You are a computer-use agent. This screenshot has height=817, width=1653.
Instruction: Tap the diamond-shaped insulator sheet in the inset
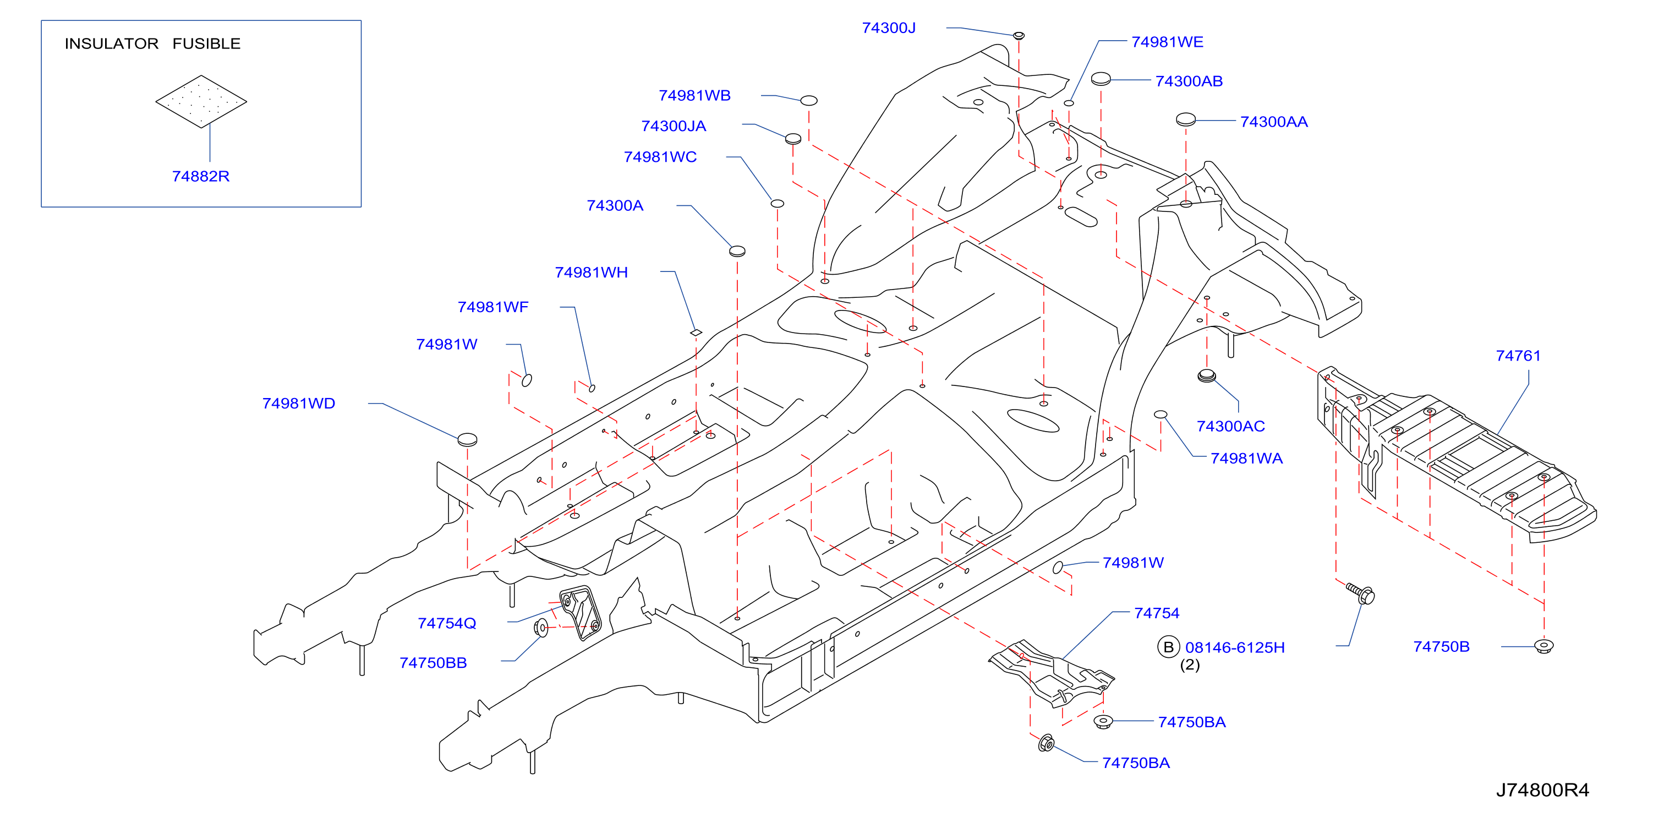tap(201, 101)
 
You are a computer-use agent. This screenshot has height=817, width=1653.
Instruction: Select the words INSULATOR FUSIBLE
tap(153, 43)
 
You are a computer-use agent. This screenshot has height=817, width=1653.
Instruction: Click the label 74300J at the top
tap(889, 28)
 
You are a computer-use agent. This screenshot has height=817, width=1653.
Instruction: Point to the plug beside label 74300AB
tap(1101, 79)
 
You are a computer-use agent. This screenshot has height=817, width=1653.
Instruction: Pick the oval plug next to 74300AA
tap(1185, 119)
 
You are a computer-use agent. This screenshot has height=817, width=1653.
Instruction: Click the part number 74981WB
tap(694, 95)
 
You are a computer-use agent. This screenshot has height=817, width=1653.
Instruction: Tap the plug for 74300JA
tap(793, 139)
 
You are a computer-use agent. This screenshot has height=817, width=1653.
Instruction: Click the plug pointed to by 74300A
tap(737, 251)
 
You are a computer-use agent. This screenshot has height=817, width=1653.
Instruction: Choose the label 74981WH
tap(591, 272)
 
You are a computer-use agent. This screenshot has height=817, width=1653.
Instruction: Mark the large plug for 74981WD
tap(467, 439)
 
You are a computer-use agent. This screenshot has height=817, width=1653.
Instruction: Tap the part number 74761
tap(1518, 356)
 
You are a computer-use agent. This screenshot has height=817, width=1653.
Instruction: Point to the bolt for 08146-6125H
tap(1360, 593)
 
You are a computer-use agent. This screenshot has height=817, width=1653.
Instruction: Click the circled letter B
tap(1168, 647)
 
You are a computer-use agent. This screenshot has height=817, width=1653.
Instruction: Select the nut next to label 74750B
tap(1543, 646)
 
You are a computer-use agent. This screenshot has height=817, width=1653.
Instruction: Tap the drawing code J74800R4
tap(1542, 790)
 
